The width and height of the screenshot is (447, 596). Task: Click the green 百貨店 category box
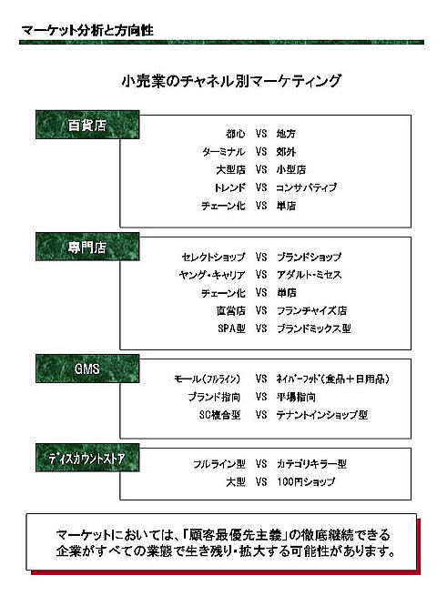87,125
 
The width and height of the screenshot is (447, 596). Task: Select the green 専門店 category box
87,247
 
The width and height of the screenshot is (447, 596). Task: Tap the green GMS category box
87,369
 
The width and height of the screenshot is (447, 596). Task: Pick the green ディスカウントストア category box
87,458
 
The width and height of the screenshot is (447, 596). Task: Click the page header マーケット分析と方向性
87,30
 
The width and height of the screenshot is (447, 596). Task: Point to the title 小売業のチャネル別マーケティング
231,81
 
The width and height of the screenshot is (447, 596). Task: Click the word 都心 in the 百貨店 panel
236,134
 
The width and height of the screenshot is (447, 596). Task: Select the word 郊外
286,152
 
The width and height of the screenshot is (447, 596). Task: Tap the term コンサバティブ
306,187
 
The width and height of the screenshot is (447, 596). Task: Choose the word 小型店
291,169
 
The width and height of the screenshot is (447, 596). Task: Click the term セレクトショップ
213,257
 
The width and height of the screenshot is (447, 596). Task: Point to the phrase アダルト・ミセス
309,275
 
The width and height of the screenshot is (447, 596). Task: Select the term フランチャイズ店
311,310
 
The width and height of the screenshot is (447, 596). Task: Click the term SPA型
231,328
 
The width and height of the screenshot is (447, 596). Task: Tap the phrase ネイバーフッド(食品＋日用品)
333,379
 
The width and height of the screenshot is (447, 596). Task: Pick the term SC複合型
220,415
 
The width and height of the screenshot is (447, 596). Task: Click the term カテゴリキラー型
311,464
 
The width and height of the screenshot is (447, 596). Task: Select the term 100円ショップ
306,481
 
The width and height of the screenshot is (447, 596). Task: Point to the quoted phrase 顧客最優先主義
233,535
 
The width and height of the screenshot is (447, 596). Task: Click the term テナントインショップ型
322,415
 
